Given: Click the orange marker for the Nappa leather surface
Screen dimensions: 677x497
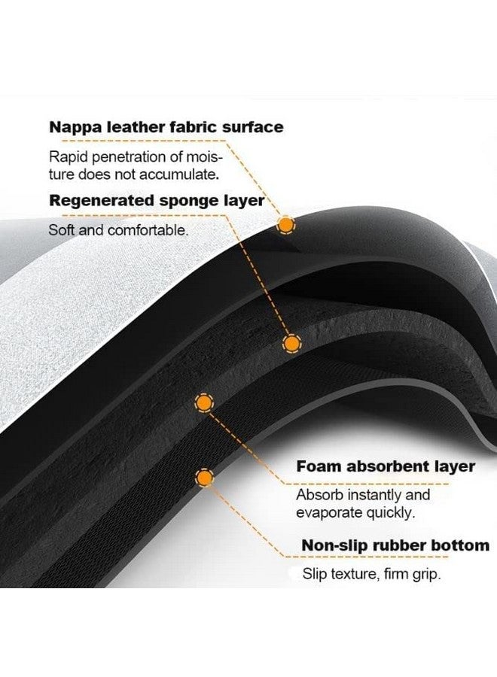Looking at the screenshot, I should pos(286,224).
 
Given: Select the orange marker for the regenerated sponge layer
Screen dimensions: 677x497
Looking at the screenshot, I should pos(291,344).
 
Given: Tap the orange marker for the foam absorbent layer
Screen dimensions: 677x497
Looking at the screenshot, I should pos(203,402).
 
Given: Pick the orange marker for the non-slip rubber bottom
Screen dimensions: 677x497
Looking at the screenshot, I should pos(203,477).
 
